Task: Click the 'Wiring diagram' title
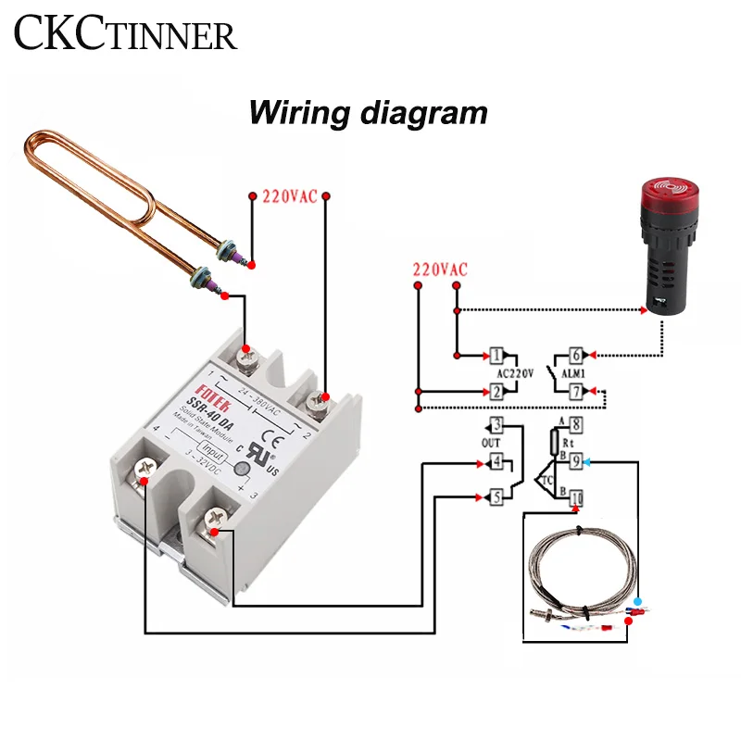368,113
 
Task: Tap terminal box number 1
496,355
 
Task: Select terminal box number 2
496,392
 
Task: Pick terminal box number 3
496,426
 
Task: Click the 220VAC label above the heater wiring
289,197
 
